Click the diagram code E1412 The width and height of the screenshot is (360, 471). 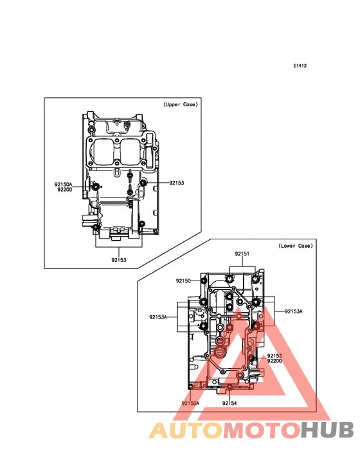pyautogui.click(x=300, y=66)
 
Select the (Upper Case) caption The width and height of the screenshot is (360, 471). pyautogui.click(x=181, y=104)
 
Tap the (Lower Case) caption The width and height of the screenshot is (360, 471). pyautogui.click(x=296, y=246)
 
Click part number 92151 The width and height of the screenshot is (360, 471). pyautogui.click(x=242, y=254)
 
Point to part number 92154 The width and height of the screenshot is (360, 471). pyautogui.click(x=230, y=403)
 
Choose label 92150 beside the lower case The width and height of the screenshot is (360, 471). pyautogui.click(x=183, y=281)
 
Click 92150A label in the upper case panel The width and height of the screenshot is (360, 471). pyautogui.click(x=63, y=185)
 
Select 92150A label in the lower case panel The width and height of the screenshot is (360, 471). pyautogui.click(x=190, y=403)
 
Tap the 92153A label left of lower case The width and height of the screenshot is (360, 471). pyautogui.click(x=158, y=317)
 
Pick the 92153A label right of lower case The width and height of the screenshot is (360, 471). pyautogui.click(x=294, y=311)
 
